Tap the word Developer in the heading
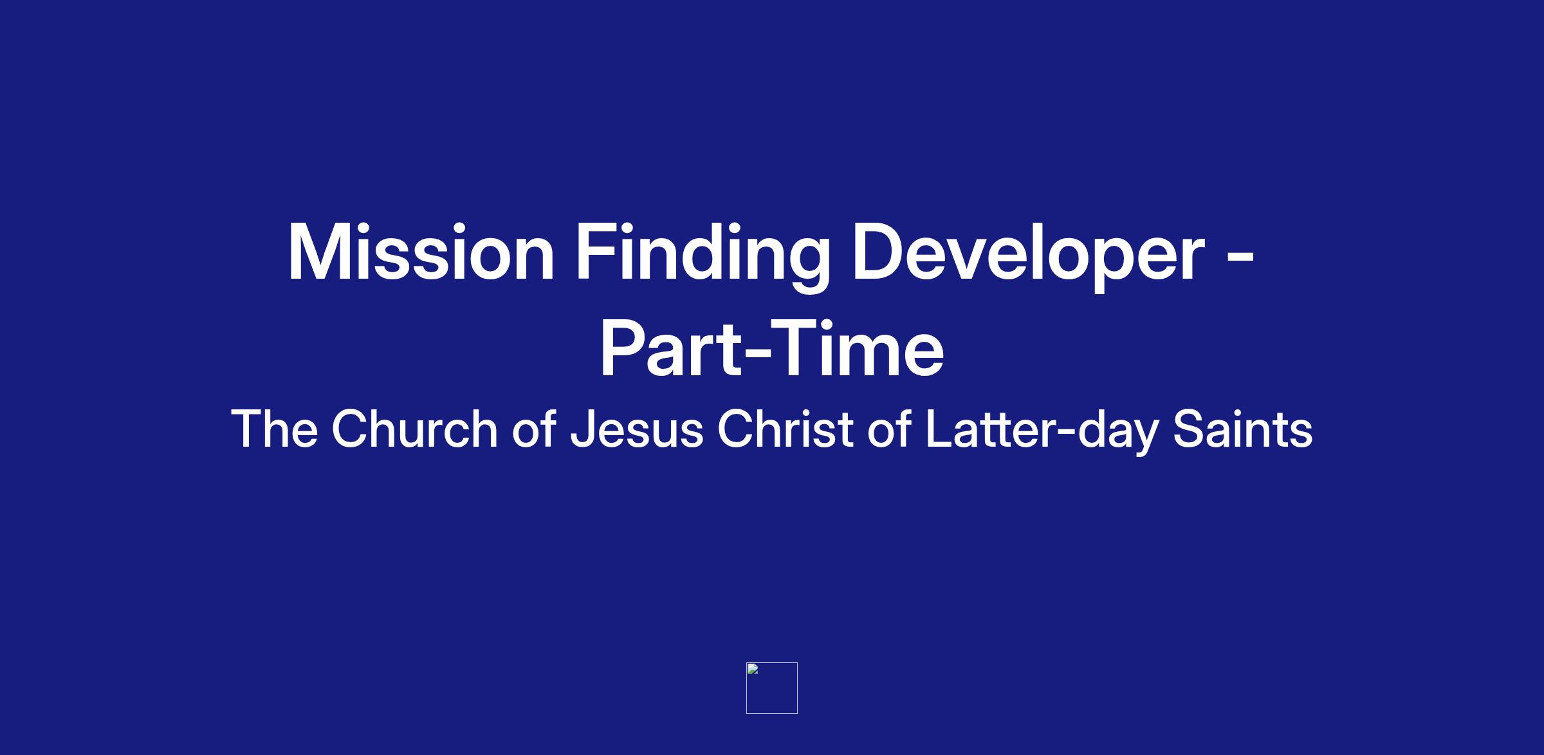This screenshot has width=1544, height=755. tap(1028, 256)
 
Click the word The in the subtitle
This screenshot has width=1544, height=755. tap(275, 428)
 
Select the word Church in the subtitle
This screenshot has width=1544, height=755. tap(415, 428)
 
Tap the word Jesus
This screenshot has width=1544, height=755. tap(637, 429)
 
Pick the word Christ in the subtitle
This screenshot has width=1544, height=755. tap(785, 428)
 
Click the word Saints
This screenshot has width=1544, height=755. tap(1242, 428)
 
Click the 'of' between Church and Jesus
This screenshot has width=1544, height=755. tap(534, 428)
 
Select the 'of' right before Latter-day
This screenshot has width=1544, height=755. tap(889, 428)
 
